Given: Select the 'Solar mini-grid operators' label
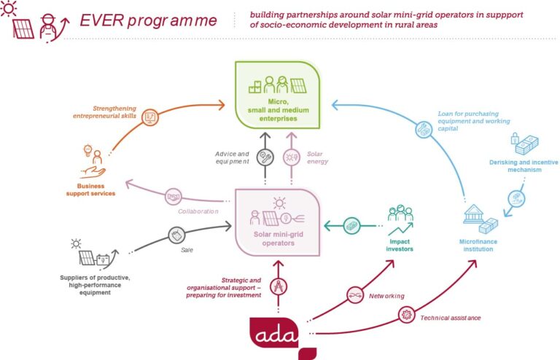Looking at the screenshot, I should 275,239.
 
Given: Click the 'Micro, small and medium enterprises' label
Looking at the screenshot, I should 276,109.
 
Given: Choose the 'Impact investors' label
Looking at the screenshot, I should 401,245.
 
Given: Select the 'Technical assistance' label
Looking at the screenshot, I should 450,318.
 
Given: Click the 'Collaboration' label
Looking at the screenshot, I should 198,211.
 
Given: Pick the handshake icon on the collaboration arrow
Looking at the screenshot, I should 173,197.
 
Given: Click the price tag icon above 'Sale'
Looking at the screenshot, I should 178,235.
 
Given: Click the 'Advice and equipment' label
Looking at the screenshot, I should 233,157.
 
